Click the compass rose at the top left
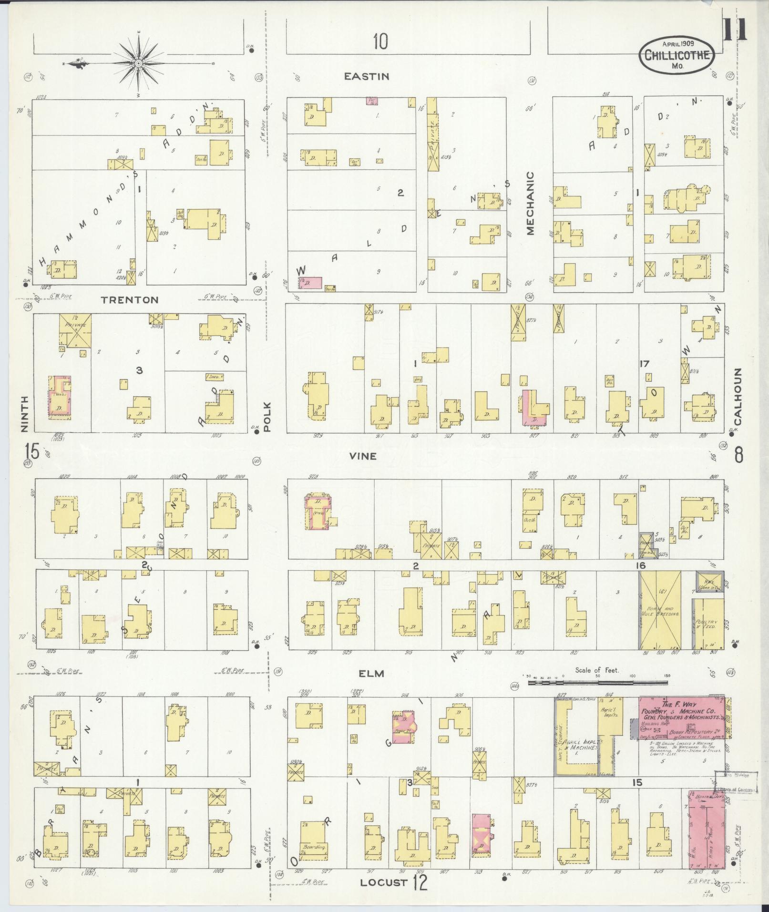pyautogui.click(x=138, y=63)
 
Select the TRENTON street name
pyautogui.click(x=129, y=300)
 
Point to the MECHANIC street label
pyautogui.click(x=531, y=204)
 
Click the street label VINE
pyautogui.click(x=362, y=456)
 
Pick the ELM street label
pyautogui.click(x=372, y=674)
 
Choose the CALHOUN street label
pyautogui.click(x=738, y=397)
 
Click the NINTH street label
pyautogui.click(x=25, y=413)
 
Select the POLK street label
pyautogui.click(x=267, y=417)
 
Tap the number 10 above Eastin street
pyautogui.click(x=380, y=42)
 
